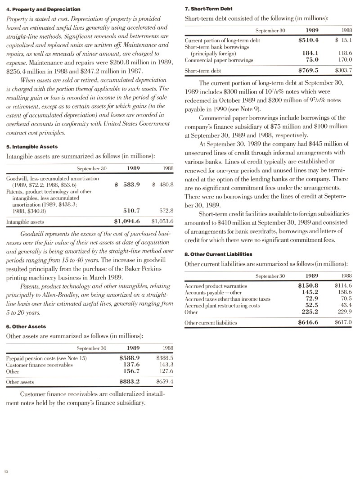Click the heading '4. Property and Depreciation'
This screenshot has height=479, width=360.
tap(43, 9)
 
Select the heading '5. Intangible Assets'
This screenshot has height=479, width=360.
tap(32, 147)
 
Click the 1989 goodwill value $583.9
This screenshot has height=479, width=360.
tap(128, 185)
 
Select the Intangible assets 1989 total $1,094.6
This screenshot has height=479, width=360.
tap(127, 221)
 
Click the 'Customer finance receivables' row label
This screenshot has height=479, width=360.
tap(40, 365)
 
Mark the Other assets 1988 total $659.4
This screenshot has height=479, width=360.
tap(165, 382)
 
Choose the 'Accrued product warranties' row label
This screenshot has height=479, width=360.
tap(216, 286)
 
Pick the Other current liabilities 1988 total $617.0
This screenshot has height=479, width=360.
tap(343, 322)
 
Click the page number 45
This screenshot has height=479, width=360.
tap(7, 471)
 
